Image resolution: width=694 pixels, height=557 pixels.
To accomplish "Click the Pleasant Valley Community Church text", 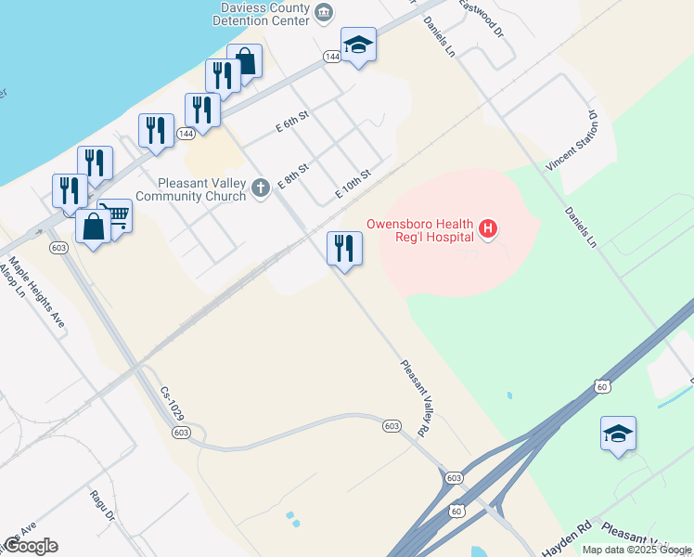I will [192, 189].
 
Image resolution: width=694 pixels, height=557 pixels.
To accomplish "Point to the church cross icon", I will [262, 189].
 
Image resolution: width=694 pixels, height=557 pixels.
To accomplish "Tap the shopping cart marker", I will [115, 215].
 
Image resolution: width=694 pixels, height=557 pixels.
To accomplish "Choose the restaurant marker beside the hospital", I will [344, 248].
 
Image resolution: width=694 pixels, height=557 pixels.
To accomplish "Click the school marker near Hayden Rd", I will [618, 434].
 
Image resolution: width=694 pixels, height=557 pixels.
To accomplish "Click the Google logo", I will [30, 545].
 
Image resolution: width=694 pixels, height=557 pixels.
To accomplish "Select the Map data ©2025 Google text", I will [636, 550].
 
